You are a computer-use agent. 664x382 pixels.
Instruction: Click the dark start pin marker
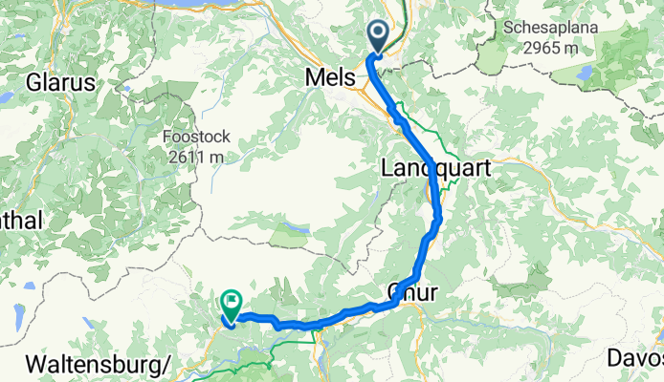(x=378, y=38)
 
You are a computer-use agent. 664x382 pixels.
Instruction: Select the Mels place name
(x=329, y=76)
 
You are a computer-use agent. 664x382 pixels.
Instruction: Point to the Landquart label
(x=436, y=168)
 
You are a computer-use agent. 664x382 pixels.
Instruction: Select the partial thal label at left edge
(x=19, y=220)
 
